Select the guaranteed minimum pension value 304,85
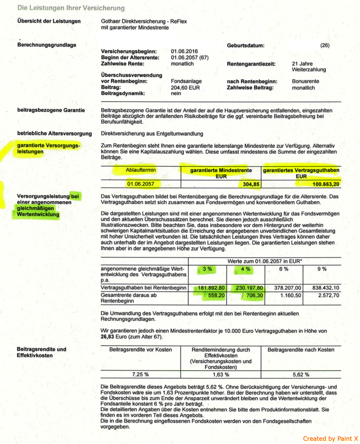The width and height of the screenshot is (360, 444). click(x=248, y=183)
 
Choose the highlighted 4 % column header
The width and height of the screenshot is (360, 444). click(x=245, y=269)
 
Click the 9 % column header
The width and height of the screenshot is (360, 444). click(x=322, y=269)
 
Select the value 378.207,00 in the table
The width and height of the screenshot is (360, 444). click(x=288, y=288)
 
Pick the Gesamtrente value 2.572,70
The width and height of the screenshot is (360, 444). click(x=328, y=296)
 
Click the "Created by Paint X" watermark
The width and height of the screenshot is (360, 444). click(x=330, y=438)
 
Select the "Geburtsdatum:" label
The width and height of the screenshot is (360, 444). click(x=246, y=46)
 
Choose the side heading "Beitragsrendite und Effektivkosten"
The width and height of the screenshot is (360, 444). click(x=42, y=352)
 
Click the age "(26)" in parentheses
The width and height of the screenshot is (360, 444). click(x=325, y=46)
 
